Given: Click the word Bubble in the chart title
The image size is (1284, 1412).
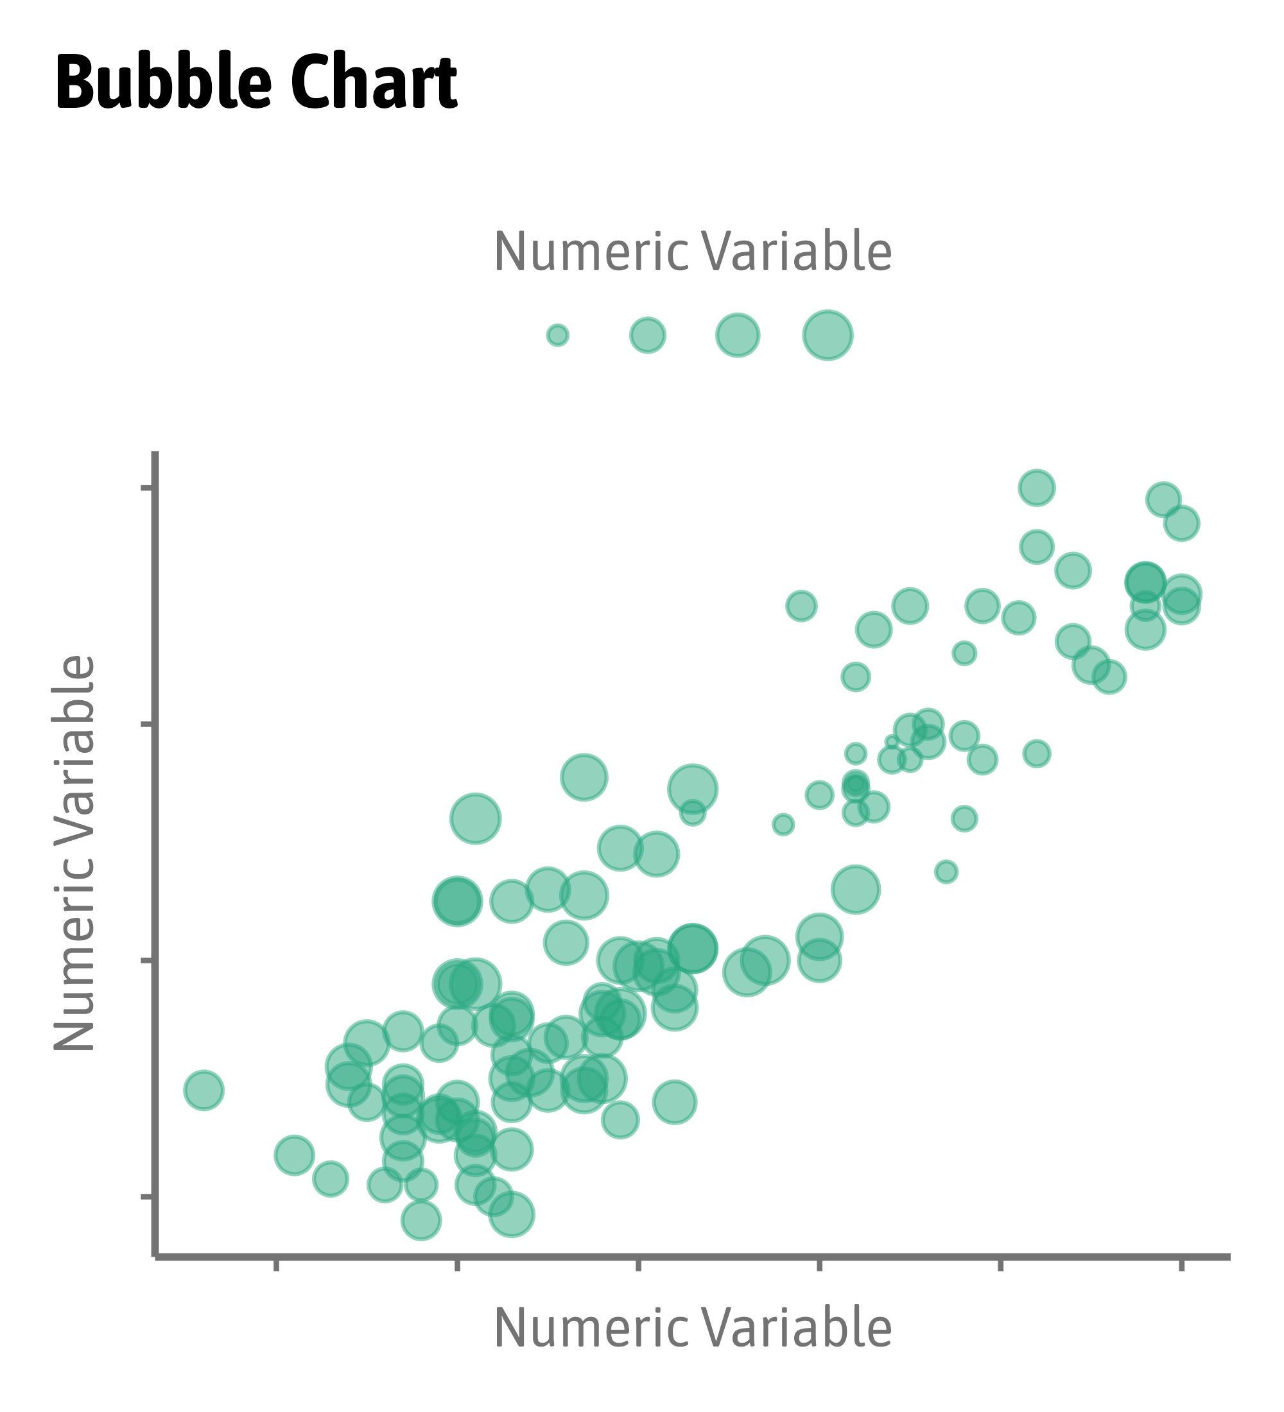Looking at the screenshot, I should click(162, 84).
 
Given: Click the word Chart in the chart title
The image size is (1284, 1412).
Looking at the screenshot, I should click(374, 84).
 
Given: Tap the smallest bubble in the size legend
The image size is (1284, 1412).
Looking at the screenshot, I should click(558, 336).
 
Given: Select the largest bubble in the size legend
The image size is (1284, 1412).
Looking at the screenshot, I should click(828, 336).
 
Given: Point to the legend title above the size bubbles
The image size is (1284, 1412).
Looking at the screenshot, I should click(692, 252).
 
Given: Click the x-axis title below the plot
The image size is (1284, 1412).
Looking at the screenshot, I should click(692, 1329).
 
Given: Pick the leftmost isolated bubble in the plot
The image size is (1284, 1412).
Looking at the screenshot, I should click(204, 1090).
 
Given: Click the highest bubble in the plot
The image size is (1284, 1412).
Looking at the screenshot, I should click(1037, 488).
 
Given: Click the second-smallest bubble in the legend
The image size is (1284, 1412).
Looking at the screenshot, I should click(647, 336).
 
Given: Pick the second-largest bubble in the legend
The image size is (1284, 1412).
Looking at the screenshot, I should click(737, 336).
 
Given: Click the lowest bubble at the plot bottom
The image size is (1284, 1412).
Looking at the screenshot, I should click(421, 1220).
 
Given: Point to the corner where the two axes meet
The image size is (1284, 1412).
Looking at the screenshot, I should click(155, 1257).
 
